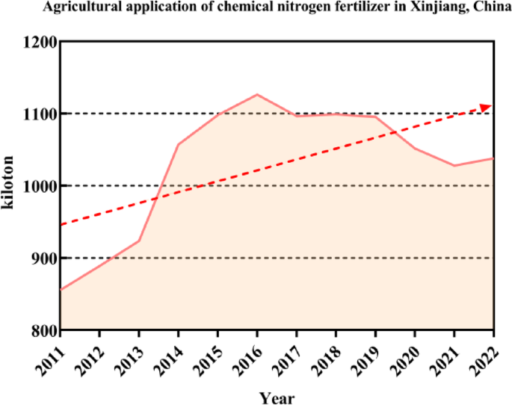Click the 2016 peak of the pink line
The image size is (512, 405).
click(257, 95)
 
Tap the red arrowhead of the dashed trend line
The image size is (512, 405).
click(486, 108)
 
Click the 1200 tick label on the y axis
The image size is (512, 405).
click(37, 42)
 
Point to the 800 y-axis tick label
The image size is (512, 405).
click(42, 330)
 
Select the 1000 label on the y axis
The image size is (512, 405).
click(37, 186)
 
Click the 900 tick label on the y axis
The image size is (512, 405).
click(42, 258)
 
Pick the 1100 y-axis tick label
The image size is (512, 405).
click(37, 114)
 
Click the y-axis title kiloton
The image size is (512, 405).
click(10, 184)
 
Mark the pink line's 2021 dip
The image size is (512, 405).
click(454, 165)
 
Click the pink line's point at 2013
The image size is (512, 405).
click(139, 241)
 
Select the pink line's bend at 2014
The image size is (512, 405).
click(179, 143)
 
